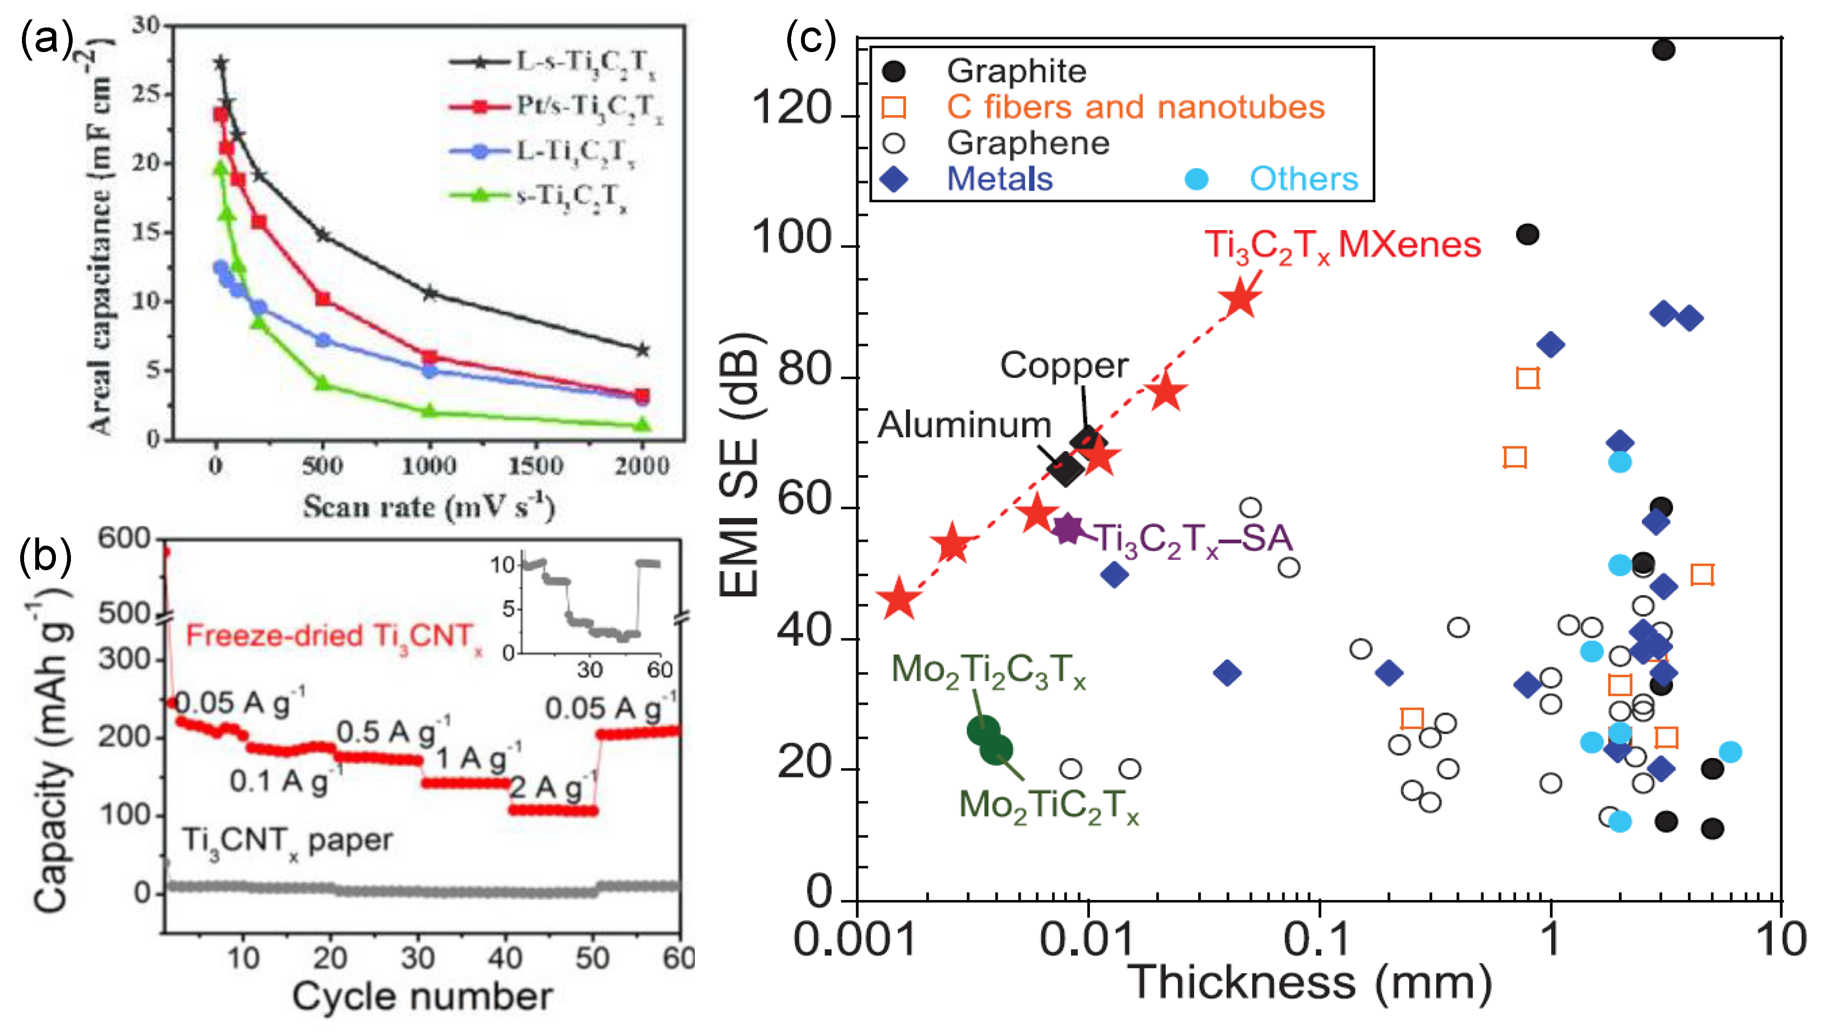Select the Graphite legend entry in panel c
[1015, 71]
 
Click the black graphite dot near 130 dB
[1663, 49]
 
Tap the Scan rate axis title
[429, 507]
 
